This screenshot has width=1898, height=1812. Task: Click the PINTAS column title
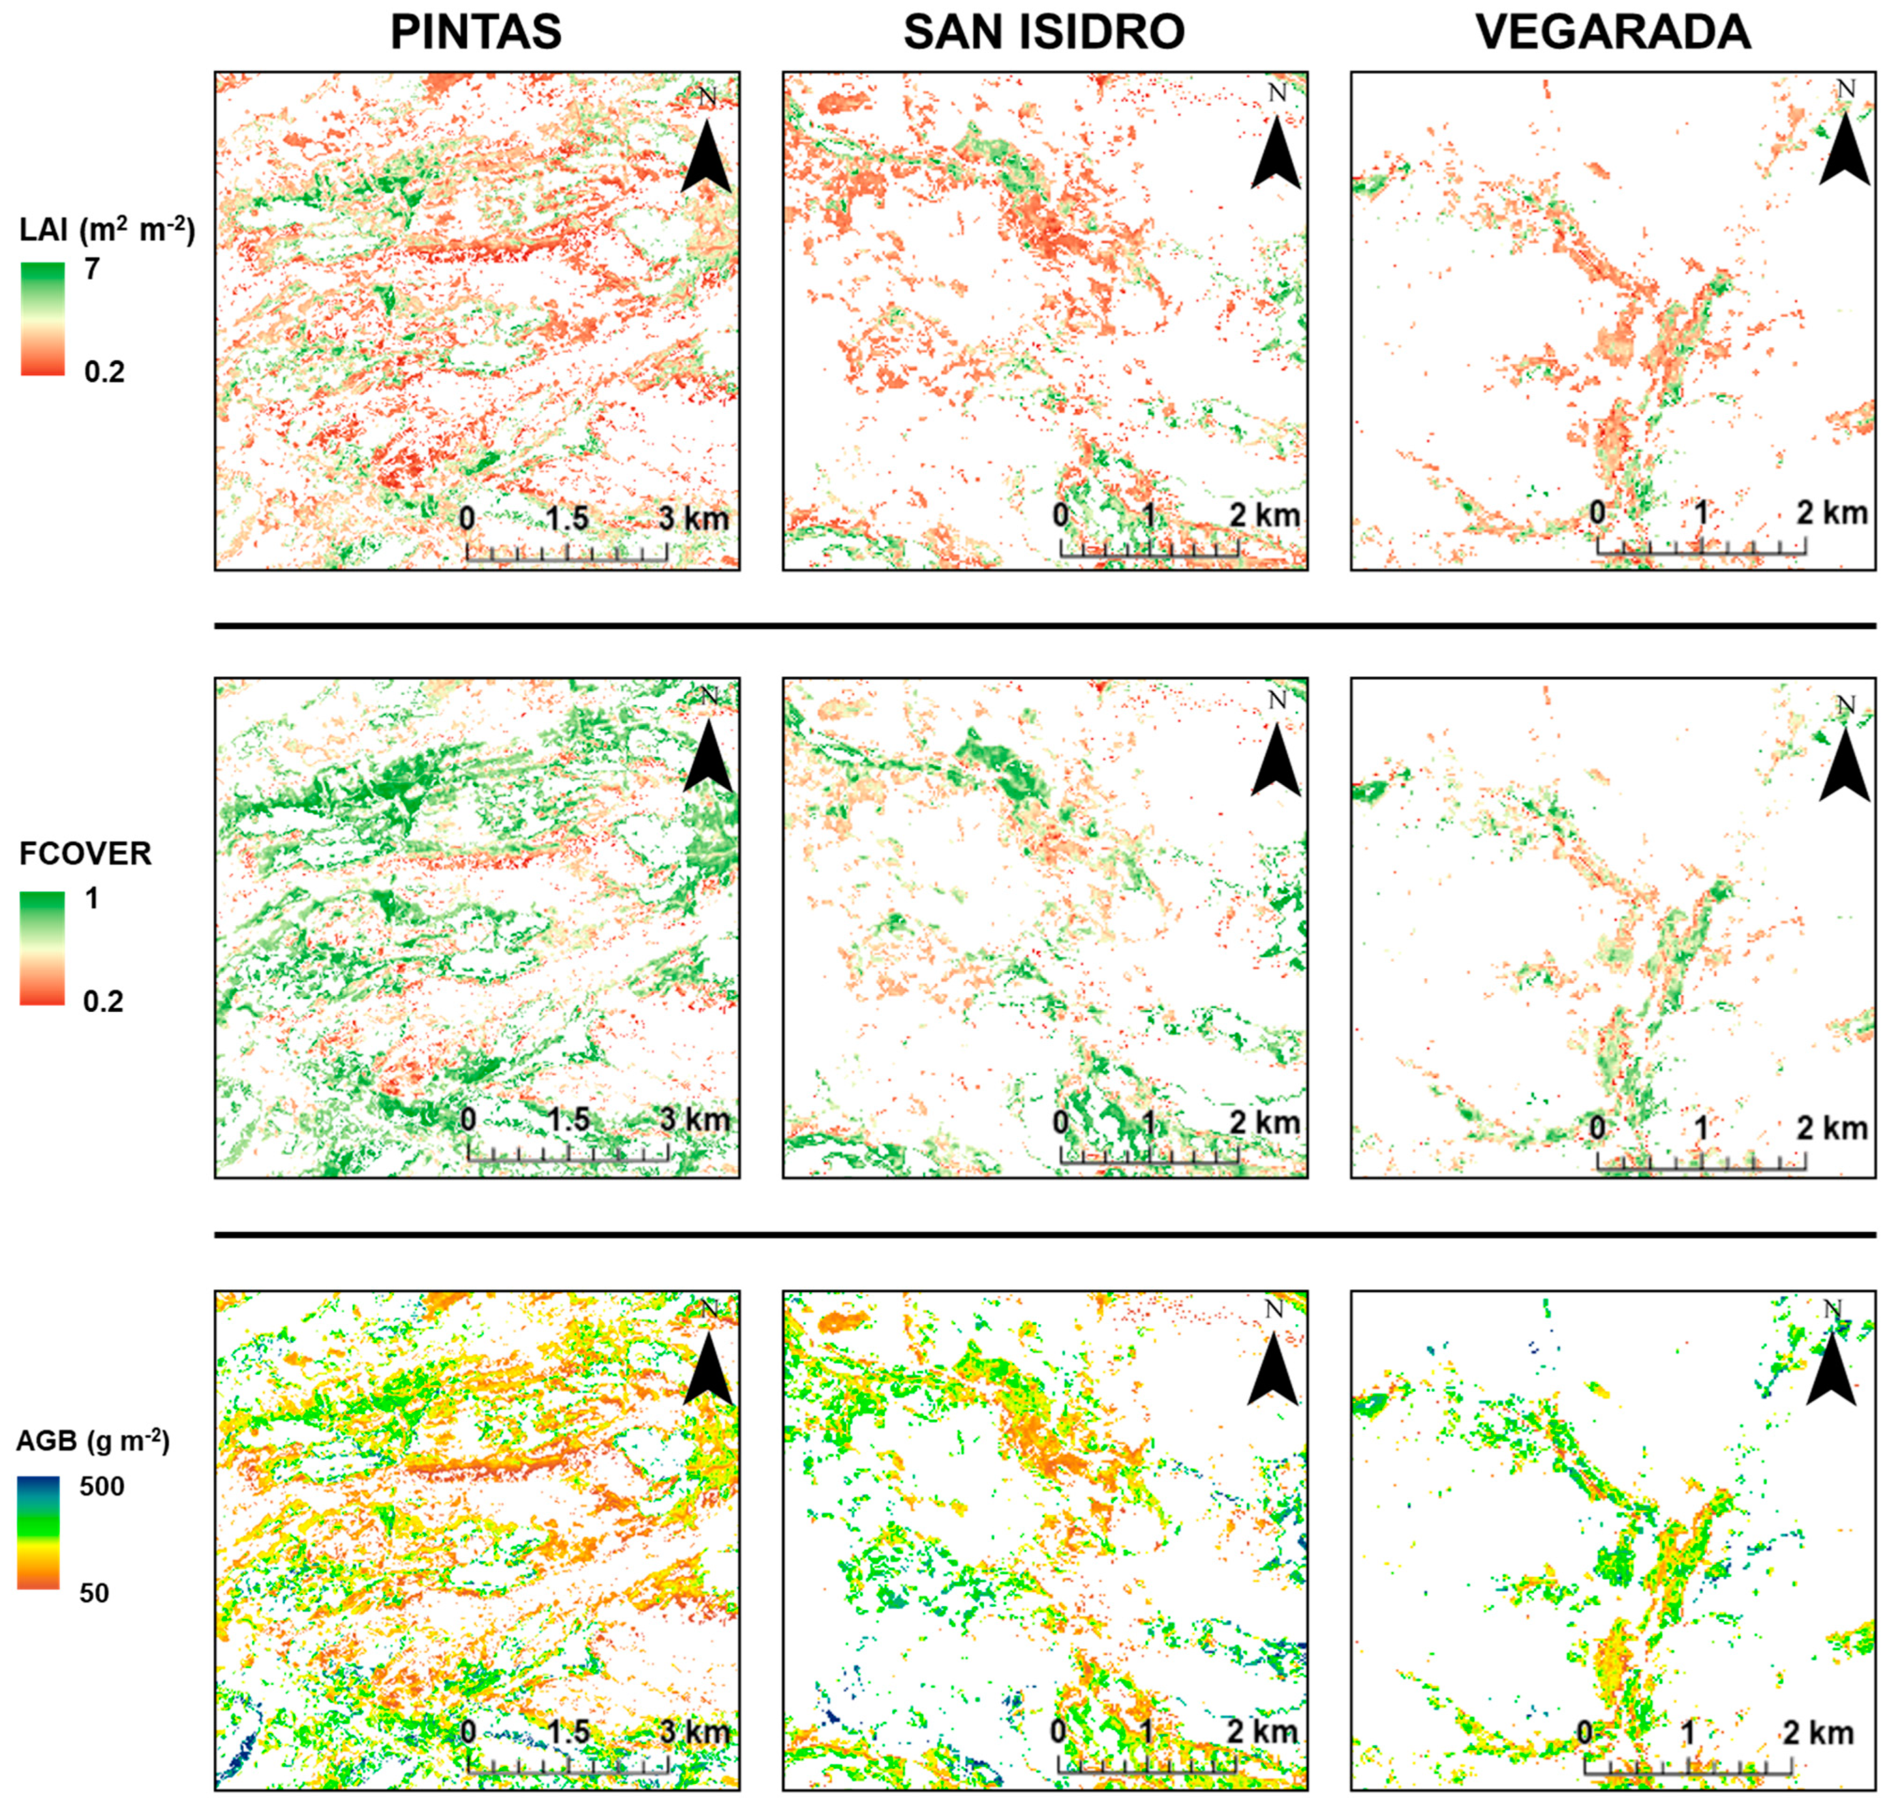(475, 32)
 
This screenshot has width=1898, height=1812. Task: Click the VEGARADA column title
(1612, 32)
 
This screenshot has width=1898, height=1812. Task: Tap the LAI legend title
(106, 231)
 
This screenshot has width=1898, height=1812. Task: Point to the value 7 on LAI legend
(92, 268)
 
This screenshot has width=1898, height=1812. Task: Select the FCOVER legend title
(85, 854)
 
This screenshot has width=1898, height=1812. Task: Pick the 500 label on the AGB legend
(101, 1487)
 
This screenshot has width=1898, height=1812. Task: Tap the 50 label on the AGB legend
(94, 1592)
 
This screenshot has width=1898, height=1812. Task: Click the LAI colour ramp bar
(43, 319)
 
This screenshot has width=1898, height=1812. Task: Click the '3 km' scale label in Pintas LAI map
(694, 519)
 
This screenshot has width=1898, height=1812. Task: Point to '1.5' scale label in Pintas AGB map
(568, 1732)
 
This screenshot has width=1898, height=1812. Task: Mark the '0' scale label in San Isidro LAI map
(1061, 515)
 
